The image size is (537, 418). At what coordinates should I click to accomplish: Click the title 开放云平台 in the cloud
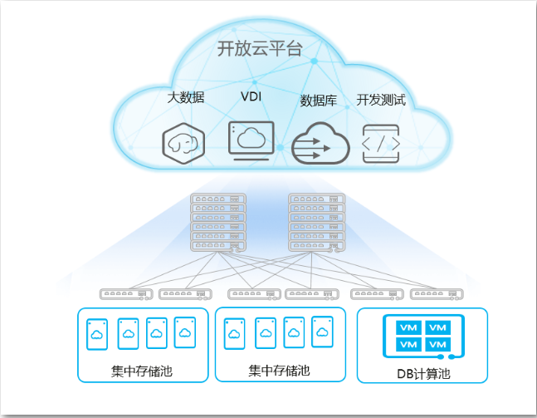pyautogui.click(x=260, y=48)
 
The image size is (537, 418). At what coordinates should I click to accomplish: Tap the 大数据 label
pyautogui.click(x=186, y=97)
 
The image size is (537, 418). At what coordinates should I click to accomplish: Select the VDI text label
pyautogui.click(x=251, y=96)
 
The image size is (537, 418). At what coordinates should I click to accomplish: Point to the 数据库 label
pyautogui.click(x=319, y=101)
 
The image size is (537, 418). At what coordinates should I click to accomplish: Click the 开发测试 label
pyautogui.click(x=381, y=100)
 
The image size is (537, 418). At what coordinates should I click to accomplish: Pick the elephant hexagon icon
pyautogui.click(x=183, y=143)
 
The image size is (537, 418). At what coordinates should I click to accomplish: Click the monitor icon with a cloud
pyautogui.click(x=251, y=140)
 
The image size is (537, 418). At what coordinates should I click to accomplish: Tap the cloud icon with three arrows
pyautogui.click(x=320, y=143)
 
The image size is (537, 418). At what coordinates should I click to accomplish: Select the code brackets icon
pyautogui.click(x=381, y=144)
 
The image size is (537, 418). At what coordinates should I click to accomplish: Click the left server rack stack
pyautogui.click(x=218, y=223)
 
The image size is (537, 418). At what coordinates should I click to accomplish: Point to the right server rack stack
pyautogui.click(x=317, y=223)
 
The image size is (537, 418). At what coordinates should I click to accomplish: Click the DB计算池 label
pyautogui.click(x=423, y=374)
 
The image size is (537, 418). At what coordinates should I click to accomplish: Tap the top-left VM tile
pyautogui.click(x=408, y=327)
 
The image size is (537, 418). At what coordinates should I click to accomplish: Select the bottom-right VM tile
pyautogui.click(x=438, y=345)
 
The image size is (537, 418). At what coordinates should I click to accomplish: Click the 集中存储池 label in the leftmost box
pyautogui.click(x=142, y=371)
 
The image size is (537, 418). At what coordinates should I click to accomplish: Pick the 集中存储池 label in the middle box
pyautogui.click(x=279, y=371)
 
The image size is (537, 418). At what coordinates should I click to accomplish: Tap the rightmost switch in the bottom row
pyautogui.click(x=437, y=294)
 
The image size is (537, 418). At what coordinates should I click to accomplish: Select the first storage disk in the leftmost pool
pyautogui.click(x=97, y=334)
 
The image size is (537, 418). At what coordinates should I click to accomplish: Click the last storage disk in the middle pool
pyautogui.click(x=322, y=332)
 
